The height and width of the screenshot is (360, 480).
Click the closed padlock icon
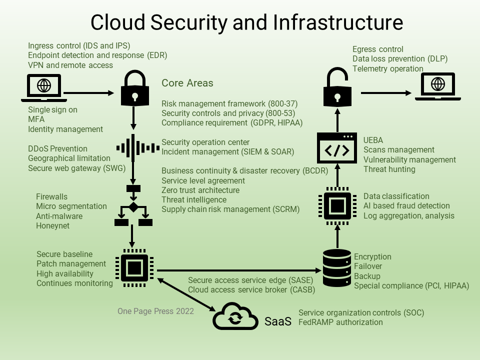point(133,90)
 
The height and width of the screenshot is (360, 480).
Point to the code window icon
point(337,148)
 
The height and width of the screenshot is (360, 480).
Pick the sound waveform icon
point(133,148)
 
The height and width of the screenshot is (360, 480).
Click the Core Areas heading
point(187,83)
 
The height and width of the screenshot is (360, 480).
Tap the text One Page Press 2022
point(155,311)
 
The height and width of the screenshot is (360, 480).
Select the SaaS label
point(278,322)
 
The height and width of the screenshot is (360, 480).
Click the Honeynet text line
point(52,226)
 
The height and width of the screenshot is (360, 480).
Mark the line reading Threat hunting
point(389,169)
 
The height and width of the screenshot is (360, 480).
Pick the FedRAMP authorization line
point(340,322)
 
